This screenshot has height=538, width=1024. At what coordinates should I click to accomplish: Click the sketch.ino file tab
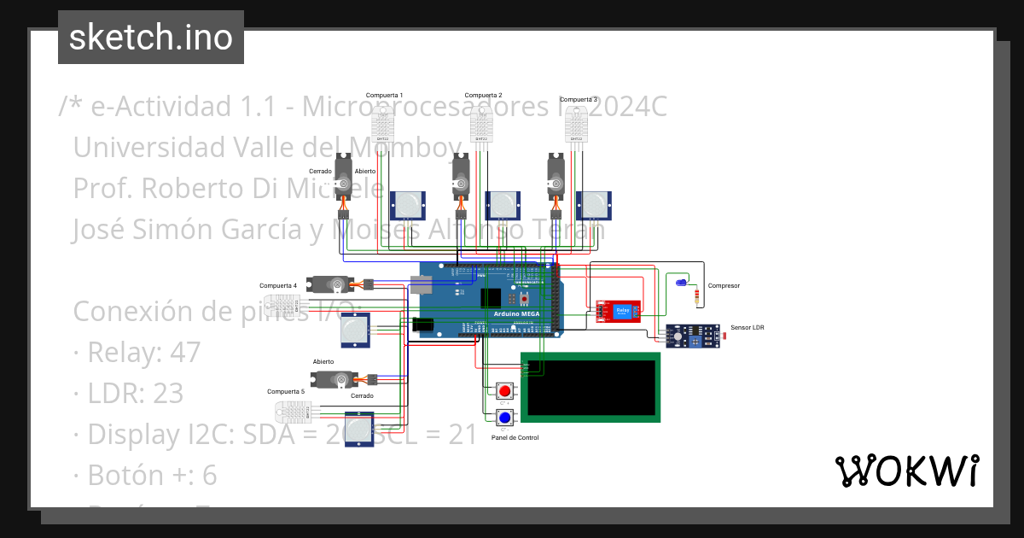coord(151,38)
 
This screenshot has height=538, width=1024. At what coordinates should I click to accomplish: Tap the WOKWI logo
coord(906,471)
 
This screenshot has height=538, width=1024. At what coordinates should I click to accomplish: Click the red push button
coord(505,392)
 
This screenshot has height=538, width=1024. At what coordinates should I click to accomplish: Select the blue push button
coord(505,418)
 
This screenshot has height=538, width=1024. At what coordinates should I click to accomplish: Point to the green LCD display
coord(591,387)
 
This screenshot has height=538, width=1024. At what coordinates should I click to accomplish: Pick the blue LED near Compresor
coord(680,282)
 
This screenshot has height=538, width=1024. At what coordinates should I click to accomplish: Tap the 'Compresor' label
coord(724,286)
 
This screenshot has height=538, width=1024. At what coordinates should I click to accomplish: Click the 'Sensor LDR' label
coord(748,327)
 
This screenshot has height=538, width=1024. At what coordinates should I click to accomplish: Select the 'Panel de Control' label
coord(515,437)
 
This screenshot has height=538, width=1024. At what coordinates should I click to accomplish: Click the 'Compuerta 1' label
coord(384,95)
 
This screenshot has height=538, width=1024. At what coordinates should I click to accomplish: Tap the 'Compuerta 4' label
coord(278,285)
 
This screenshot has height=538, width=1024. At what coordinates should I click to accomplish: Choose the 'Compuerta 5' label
coord(285,391)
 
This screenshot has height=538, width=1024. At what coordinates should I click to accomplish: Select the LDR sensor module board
coord(691,337)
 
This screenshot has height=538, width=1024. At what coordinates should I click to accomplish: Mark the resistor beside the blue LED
coord(700,296)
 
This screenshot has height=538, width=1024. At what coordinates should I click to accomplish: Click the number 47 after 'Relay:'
coord(185,352)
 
